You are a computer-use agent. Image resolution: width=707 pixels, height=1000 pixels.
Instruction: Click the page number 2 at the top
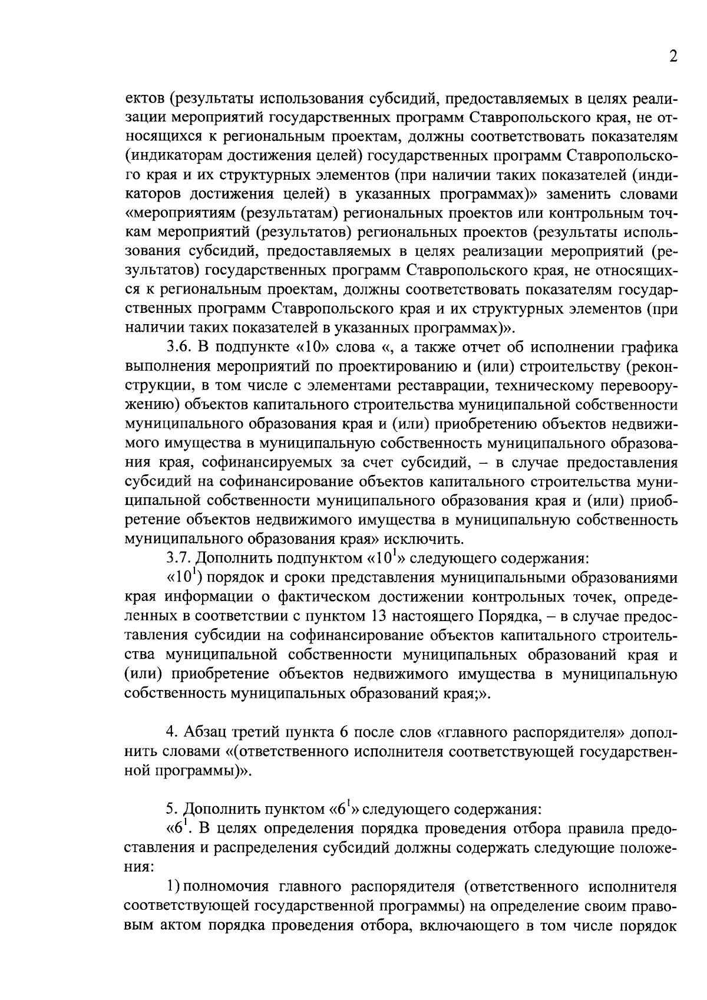pyautogui.click(x=673, y=57)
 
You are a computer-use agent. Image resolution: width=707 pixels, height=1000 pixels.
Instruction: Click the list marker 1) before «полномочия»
pyautogui.click(x=171, y=887)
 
